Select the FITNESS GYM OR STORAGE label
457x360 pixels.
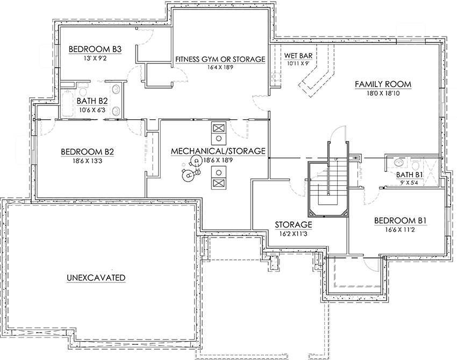click(x=220, y=59)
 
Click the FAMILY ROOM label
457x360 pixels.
click(x=383, y=84)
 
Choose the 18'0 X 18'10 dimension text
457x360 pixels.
click(x=383, y=93)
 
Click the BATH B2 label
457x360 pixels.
click(x=92, y=100)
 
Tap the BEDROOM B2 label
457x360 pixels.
click(x=87, y=152)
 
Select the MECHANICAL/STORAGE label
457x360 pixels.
click(x=218, y=152)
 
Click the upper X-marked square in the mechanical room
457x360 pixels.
click(x=218, y=129)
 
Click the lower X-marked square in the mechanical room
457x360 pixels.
click(x=218, y=183)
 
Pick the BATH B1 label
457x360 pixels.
click(x=410, y=175)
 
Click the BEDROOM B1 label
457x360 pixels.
click(x=401, y=220)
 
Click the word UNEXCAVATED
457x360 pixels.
click(x=96, y=278)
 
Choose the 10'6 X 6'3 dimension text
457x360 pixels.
click(x=92, y=110)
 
